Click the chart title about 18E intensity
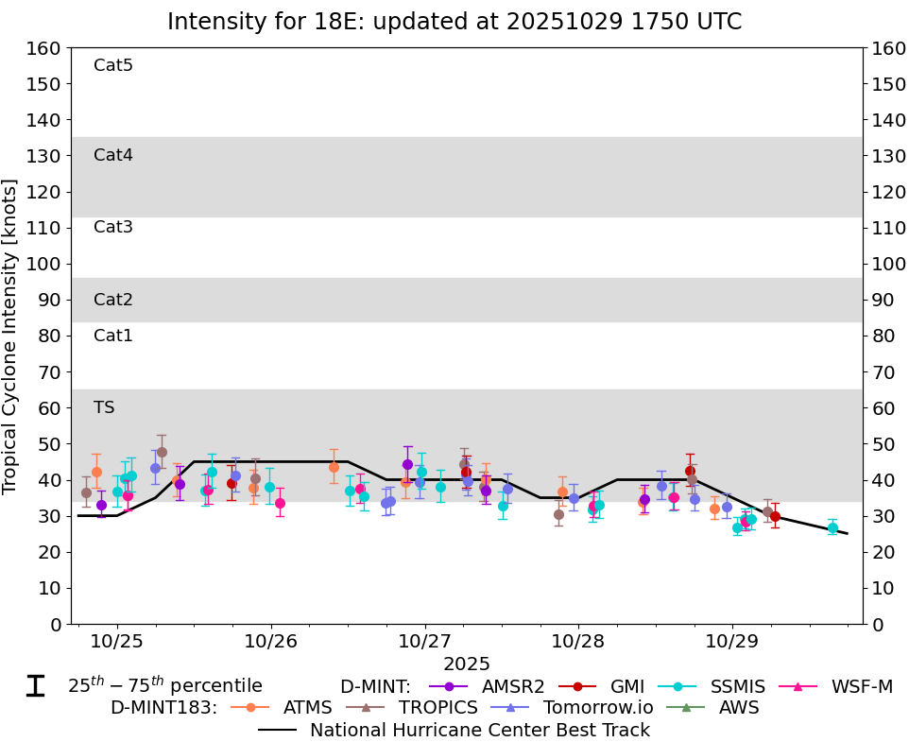point(454,22)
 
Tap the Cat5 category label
point(113,65)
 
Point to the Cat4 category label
point(113,155)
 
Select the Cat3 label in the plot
point(113,227)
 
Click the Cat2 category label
point(113,300)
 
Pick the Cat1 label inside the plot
point(113,336)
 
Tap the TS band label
point(104,407)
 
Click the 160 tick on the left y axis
point(48,48)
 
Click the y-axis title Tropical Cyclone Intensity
point(11,336)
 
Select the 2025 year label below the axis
point(467,664)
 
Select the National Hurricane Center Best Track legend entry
point(480,730)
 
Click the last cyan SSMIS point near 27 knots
point(832,528)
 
